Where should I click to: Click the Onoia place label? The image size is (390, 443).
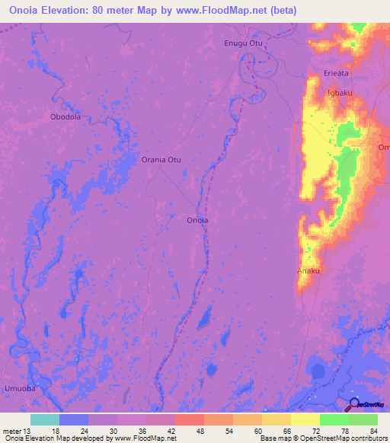click(x=197, y=220)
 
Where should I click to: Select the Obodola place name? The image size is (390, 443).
click(x=65, y=117)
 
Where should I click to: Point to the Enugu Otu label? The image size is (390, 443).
click(x=243, y=43)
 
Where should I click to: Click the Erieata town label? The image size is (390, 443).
click(x=336, y=73)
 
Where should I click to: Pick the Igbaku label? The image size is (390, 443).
click(x=339, y=93)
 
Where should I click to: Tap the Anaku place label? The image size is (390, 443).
click(x=307, y=270)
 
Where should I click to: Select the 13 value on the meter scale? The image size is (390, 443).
click(x=30, y=431)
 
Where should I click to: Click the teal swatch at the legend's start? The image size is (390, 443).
click(x=45, y=419)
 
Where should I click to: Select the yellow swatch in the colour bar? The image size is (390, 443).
click(x=305, y=419)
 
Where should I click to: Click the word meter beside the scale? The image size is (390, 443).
click(x=12, y=431)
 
